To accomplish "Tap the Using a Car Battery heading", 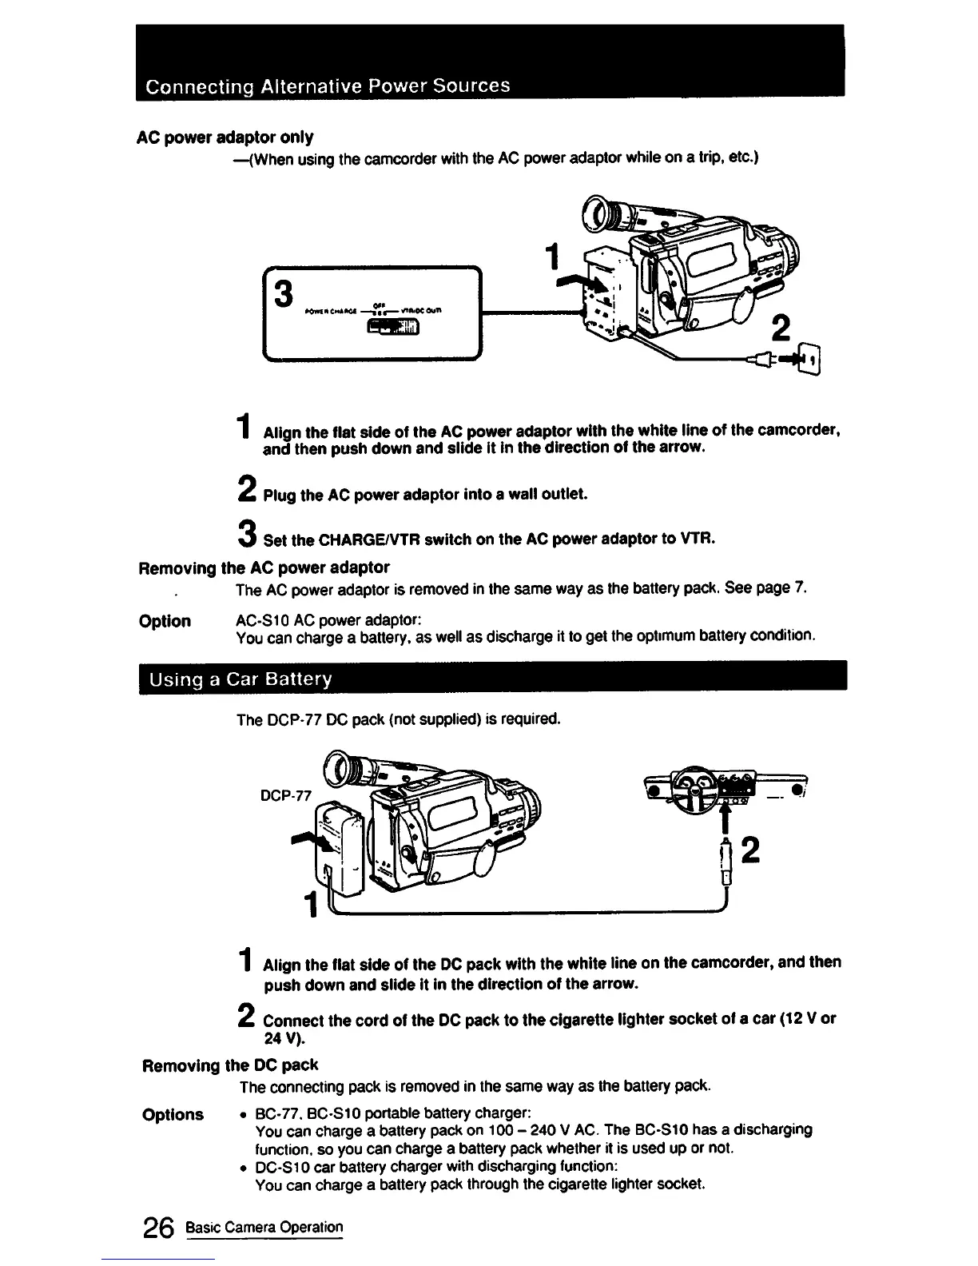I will (236, 680).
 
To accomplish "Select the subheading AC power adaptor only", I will (225, 137).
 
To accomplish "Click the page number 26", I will (158, 1228).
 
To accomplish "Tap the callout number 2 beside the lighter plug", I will (749, 852).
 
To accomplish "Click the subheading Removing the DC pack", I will (230, 1065).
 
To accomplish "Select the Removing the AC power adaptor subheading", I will (264, 567).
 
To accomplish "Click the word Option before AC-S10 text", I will (165, 621).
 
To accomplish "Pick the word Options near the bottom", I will (173, 1114).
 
